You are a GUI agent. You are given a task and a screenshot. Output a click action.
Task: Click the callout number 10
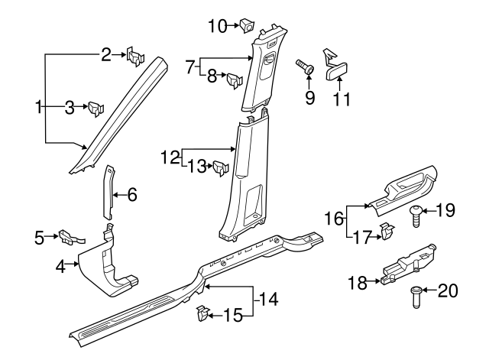point(217,27)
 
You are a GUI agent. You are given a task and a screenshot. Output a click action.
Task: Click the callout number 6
point(132,196)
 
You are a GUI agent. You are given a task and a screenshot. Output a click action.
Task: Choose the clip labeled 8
point(235,76)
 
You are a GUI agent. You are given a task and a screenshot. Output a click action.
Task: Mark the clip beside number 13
point(222,167)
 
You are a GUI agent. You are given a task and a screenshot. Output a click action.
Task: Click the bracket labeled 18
point(405,260)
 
